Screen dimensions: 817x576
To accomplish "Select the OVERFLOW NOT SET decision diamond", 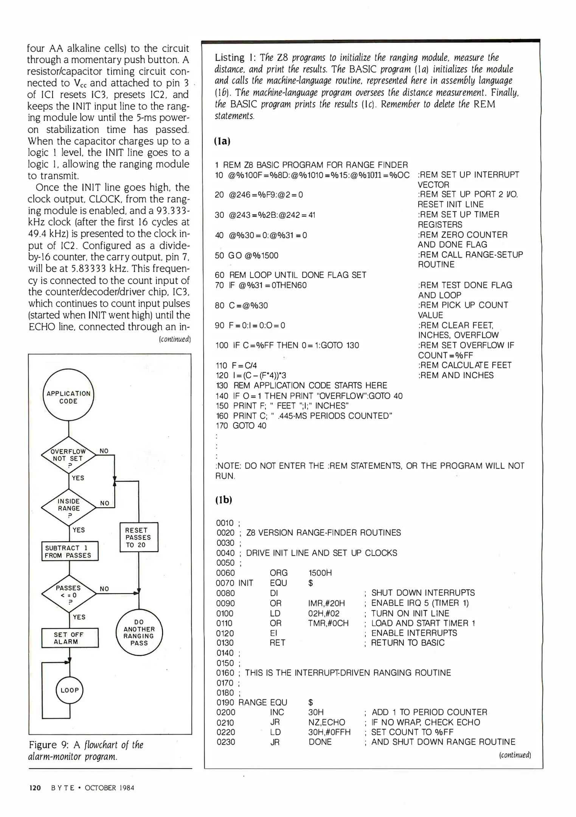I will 68,455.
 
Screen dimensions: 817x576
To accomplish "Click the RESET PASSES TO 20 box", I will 138,537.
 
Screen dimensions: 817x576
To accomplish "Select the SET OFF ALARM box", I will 70,638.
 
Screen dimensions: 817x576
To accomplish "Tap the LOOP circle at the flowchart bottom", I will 70,690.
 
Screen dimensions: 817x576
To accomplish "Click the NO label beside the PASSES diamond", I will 104,589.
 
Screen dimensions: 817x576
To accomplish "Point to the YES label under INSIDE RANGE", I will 78,530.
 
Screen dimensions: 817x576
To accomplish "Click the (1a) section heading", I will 222,141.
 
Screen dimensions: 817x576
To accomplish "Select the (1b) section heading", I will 223,500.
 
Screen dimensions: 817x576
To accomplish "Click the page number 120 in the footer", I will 35,788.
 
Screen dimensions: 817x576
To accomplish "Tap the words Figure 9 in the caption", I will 43,745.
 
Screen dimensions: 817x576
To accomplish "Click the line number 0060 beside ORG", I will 225,573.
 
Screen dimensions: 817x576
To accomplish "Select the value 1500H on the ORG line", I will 320,573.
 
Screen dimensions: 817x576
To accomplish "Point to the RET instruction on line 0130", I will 277,643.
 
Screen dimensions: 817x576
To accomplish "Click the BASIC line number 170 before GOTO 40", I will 222,426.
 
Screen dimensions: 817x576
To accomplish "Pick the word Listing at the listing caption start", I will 230,57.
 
